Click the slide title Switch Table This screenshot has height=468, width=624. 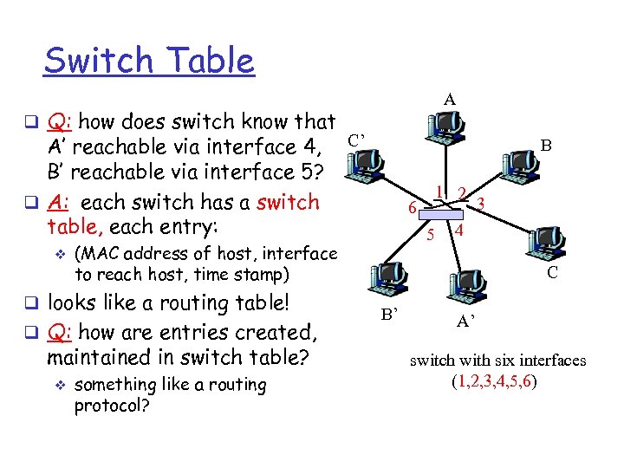149,61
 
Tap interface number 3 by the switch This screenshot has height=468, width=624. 481,203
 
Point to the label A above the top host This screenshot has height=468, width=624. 449,100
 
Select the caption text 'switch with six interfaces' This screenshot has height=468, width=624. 497,361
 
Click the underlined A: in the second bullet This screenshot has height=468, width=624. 59,202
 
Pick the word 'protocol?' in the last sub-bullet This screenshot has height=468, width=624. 112,406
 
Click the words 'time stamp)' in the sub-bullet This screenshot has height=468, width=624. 244,274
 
